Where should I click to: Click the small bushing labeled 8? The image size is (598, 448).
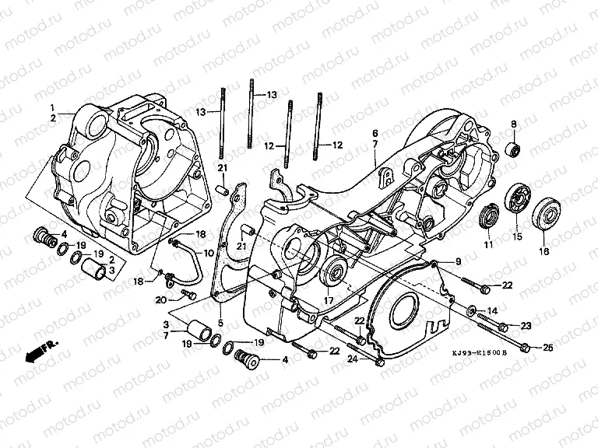click(x=513, y=149)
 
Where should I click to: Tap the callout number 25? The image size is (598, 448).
click(x=548, y=348)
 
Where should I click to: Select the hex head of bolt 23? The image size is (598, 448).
click(x=503, y=326)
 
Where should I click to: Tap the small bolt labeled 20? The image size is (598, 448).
click(x=187, y=295)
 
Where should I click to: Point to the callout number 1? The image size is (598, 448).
click(x=53, y=107)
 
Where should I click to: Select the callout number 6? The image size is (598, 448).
click(x=375, y=133)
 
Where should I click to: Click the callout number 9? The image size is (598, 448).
click(x=459, y=261)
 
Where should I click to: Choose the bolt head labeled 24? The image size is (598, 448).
click(x=379, y=362)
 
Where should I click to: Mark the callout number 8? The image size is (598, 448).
click(x=513, y=124)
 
